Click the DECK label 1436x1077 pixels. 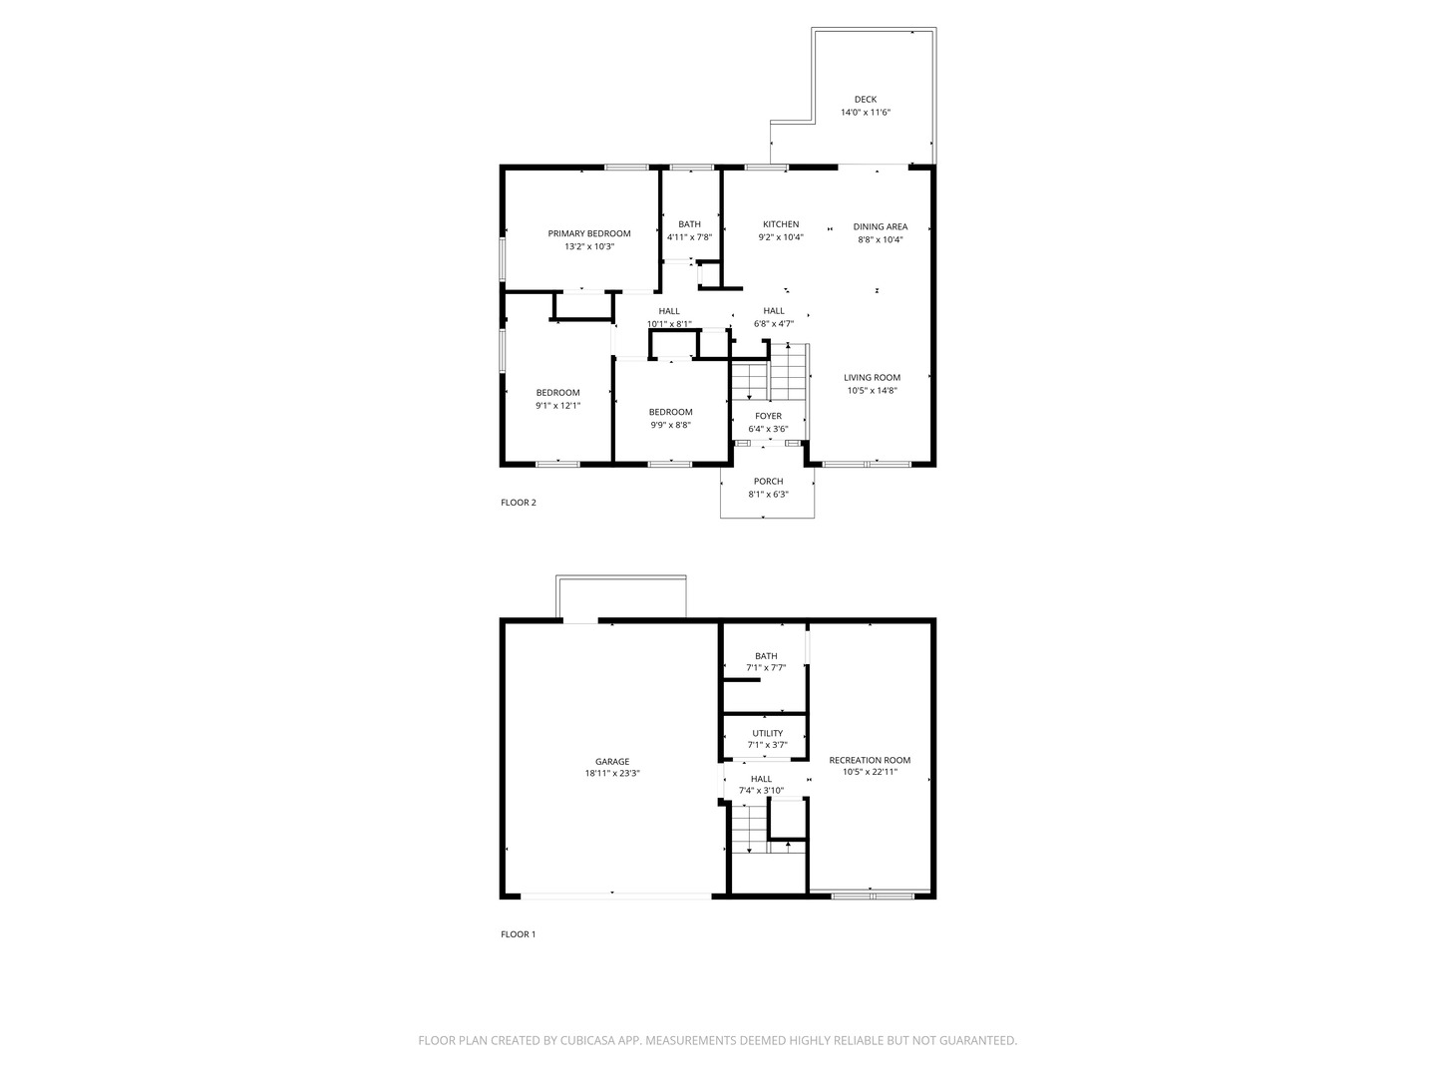[x=866, y=99]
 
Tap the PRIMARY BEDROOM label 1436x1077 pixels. [x=589, y=233]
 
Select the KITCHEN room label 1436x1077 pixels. [x=781, y=224]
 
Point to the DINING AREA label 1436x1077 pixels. [x=881, y=226]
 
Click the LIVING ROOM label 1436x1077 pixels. [x=873, y=377]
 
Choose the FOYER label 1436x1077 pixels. [x=769, y=416]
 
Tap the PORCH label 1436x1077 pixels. [x=769, y=482]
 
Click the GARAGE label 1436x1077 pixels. [x=612, y=762]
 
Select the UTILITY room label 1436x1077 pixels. [x=768, y=733]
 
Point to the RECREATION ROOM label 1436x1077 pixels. [x=870, y=760]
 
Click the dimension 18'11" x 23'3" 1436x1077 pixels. [x=612, y=774]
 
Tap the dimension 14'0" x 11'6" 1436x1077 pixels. [x=866, y=113]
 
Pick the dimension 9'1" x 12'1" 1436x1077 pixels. [x=557, y=405]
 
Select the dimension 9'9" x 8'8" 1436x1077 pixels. [x=670, y=425]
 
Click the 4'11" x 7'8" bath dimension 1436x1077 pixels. [x=689, y=237]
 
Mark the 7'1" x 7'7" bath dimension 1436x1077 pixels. [x=766, y=668]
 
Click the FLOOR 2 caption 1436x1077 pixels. [x=519, y=503]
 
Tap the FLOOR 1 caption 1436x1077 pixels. [x=519, y=934]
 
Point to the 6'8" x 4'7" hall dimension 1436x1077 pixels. [x=774, y=323]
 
